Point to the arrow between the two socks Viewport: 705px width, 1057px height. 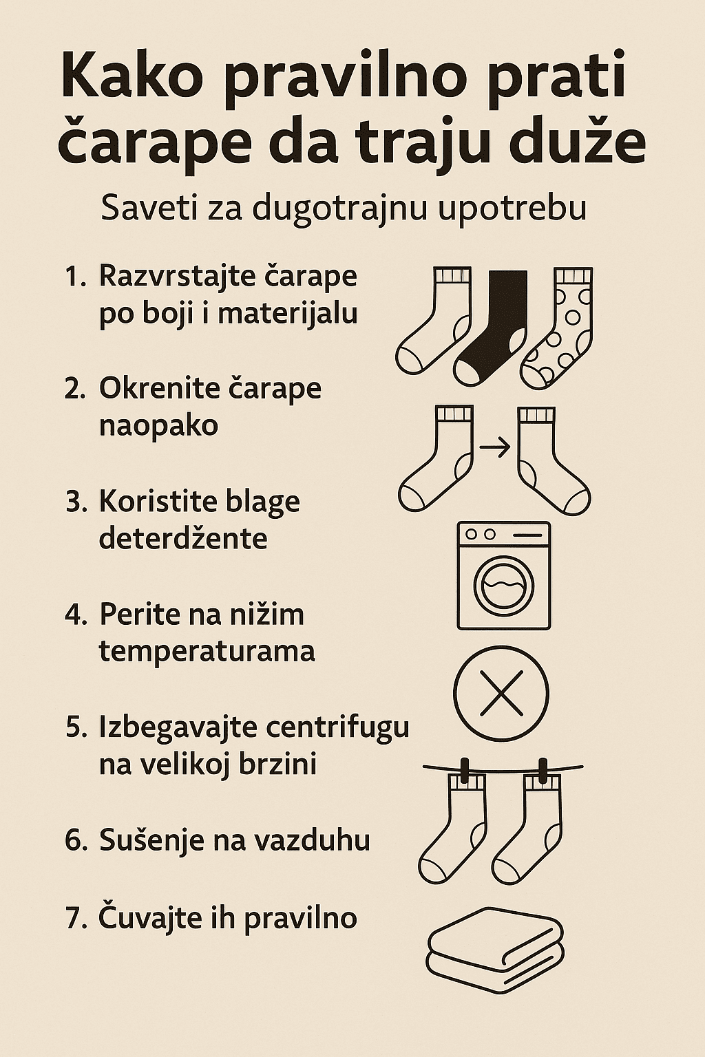click(x=495, y=447)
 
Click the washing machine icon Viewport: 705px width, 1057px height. click(x=504, y=575)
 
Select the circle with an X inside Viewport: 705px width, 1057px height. click(x=501, y=693)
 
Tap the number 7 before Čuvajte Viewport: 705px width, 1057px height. click(x=73, y=919)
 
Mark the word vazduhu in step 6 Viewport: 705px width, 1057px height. click(x=324, y=840)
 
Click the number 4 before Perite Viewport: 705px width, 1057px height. click(x=74, y=615)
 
